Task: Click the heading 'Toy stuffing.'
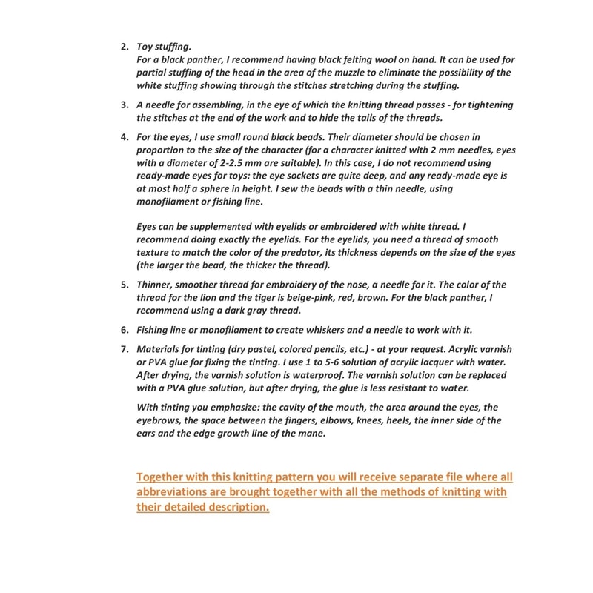click(x=165, y=47)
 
